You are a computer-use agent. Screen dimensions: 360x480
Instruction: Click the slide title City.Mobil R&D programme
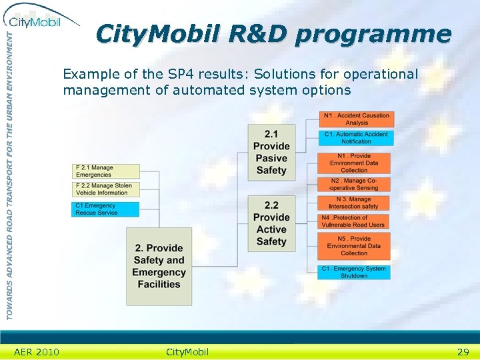point(273,33)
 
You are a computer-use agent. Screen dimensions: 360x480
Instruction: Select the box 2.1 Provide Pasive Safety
point(271,152)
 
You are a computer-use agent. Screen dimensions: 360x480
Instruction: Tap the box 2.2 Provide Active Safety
point(271,223)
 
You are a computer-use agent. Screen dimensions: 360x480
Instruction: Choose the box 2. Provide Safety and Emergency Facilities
point(159,266)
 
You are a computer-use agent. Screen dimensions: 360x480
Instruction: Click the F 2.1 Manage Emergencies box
point(106,171)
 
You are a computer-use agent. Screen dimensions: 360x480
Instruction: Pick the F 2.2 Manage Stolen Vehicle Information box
point(106,189)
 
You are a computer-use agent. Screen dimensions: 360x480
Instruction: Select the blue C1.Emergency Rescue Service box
point(106,209)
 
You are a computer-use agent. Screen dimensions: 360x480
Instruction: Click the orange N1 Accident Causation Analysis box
point(356,119)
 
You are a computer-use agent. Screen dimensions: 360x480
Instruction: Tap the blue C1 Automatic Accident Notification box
point(356,138)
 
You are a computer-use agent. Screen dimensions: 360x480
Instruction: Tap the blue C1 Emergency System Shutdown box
point(354,272)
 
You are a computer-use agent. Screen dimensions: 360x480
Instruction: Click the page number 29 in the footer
point(463,352)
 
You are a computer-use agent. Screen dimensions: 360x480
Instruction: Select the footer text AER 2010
point(37,352)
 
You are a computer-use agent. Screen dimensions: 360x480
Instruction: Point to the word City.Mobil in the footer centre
point(187,352)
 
